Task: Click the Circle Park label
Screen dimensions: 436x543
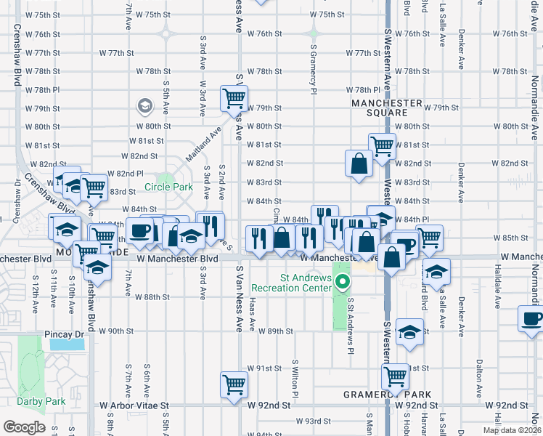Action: [x=168, y=187]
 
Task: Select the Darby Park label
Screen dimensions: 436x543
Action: [x=41, y=401]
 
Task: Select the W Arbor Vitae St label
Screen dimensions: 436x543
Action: [x=134, y=405]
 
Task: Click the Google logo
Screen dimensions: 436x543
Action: [x=24, y=427]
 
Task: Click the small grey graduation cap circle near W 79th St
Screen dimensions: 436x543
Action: [x=145, y=107]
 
